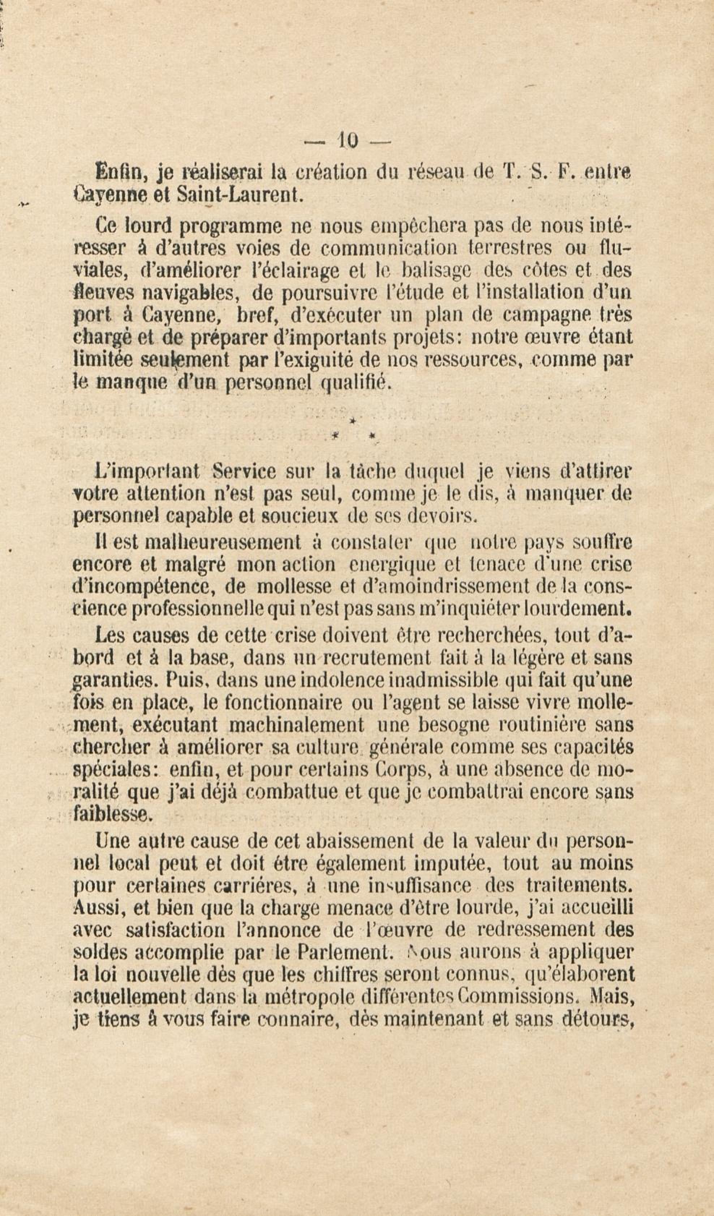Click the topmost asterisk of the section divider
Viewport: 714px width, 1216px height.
[353, 421]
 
